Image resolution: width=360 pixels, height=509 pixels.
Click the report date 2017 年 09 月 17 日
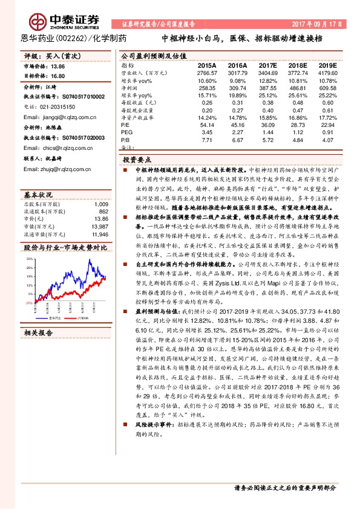(x=316, y=24)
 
